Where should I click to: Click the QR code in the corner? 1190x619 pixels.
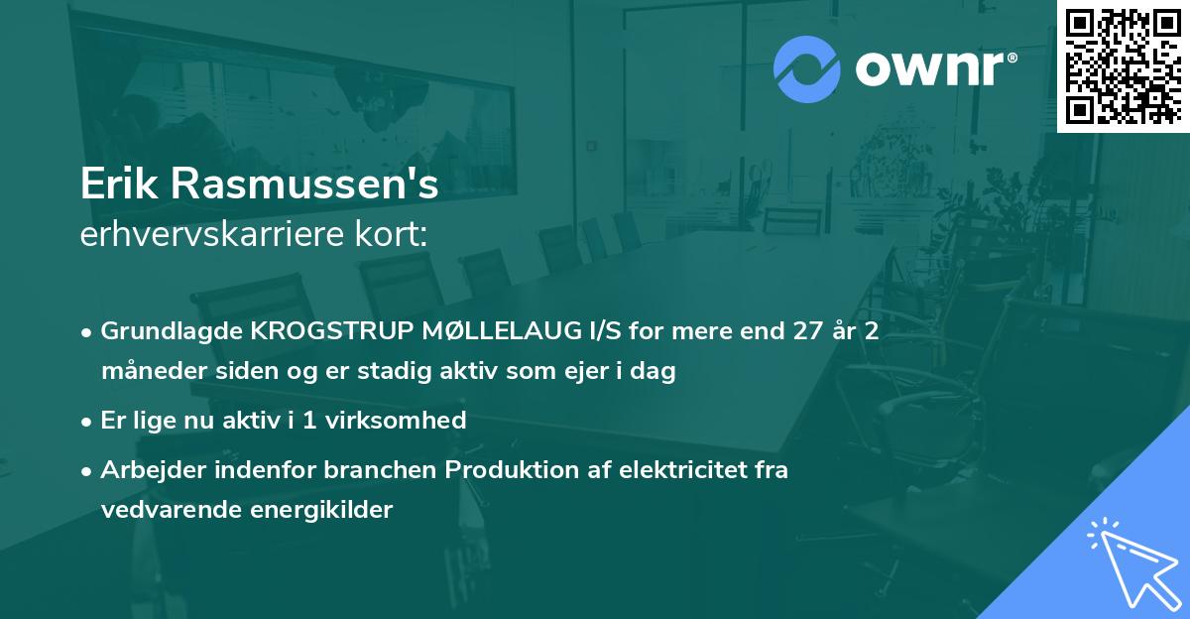[x=1123, y=65]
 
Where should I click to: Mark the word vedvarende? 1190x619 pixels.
[x=166, y=511]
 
